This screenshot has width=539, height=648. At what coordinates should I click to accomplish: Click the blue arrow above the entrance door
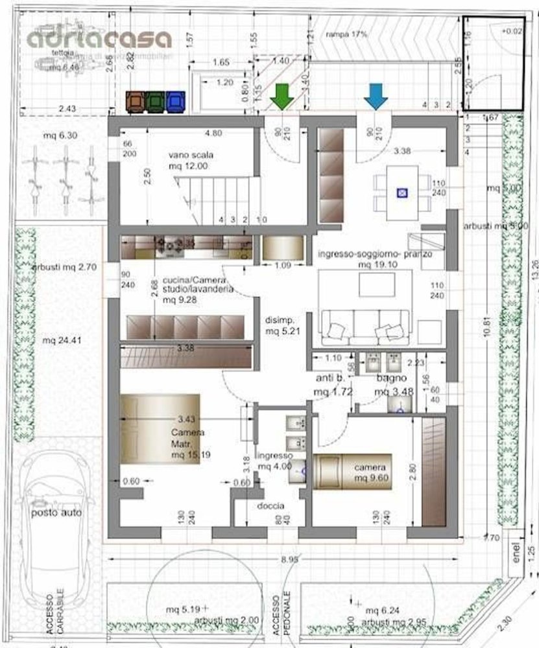click(x=376, y=95)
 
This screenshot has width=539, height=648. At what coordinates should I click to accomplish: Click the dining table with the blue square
click(x=403, y=192)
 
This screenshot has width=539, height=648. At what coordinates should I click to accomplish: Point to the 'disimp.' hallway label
click(x=280, y=320)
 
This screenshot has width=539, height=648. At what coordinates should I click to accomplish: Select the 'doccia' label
click(x=270, y=506)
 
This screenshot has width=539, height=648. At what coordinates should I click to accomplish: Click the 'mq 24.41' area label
click(x=57, y=340)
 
